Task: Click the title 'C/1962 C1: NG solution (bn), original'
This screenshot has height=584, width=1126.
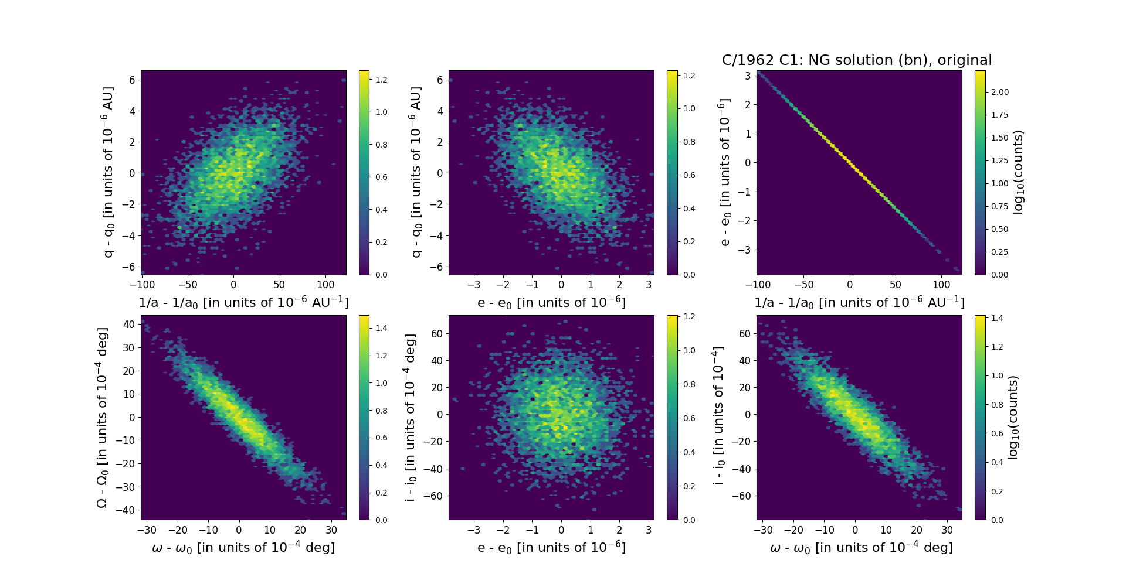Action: (x=857, y=60)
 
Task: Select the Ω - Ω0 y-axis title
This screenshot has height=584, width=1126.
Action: (x=103, y=418)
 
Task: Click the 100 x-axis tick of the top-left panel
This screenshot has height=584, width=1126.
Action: (x=325, y=285)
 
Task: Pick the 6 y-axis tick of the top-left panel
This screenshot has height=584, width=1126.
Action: (x=132, y=80)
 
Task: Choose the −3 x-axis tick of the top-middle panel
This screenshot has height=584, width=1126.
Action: (x=474, y=285)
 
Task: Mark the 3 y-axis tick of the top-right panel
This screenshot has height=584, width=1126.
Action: (x=748, y=76)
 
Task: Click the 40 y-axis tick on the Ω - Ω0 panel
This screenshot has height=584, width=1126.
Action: (x=128, y=324)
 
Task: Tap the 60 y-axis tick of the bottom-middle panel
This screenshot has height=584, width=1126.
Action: (x=436, y=333)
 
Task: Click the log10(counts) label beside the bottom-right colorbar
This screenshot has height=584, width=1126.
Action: (x=1012, y=418)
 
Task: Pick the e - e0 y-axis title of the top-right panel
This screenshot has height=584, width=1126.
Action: (x=725, y=172)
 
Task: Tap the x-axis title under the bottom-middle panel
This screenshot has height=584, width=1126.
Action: (x=551, y=547)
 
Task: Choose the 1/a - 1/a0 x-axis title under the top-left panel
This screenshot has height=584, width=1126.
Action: (x=243, y=302)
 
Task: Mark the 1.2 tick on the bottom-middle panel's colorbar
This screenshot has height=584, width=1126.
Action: (x=689, y=316)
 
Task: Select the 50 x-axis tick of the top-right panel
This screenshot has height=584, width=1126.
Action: (x=896, y=285)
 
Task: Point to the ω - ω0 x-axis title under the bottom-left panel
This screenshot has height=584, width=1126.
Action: (x=243, y=547)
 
